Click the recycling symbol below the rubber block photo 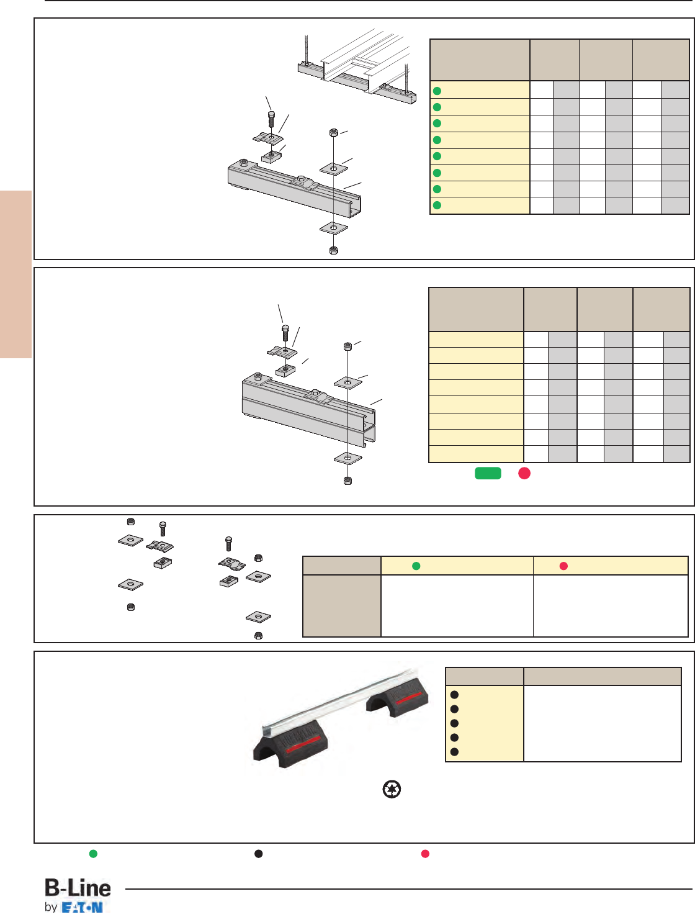[x=392, y=790]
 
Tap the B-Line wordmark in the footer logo [x=78, y=888]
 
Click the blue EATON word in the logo [x=83, y=908]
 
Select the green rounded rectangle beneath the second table [x=488, y=473]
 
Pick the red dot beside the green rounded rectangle [x=524, y=473]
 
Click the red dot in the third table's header [x=563, y=566]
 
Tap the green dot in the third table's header [x=416, y=566]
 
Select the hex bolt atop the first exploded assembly [x=271, y=119]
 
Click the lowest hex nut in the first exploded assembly [x=333, y=250]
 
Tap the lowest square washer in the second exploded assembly [x=347, y=459]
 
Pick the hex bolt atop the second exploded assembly [x=285, y=332]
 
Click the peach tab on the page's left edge [x=16, y=274]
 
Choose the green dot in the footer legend [x=93, y=854]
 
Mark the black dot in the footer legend [x=259, y=854]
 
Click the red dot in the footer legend [x=425, y=854]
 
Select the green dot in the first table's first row [x=437, y=91]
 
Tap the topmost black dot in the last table [x=454, y=695]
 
